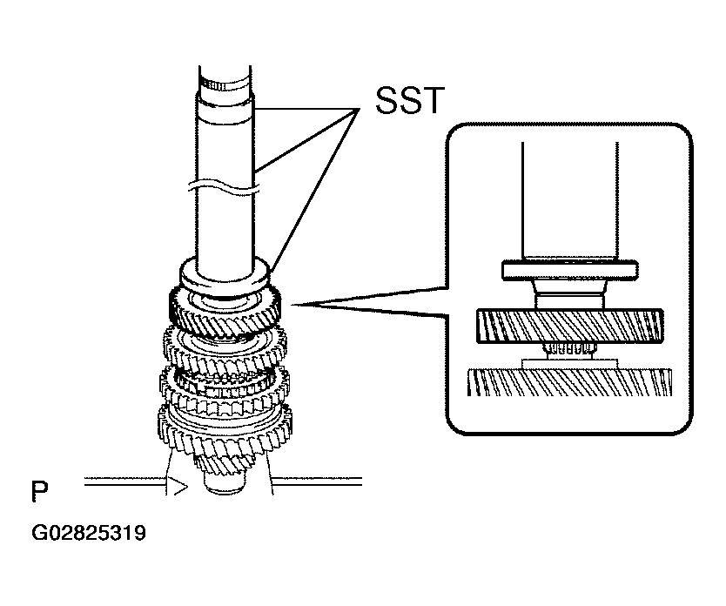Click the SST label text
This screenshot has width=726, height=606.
pyautogui.click(x=410, y=100)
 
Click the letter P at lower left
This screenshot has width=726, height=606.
pyautogui.click(x=40, y=491)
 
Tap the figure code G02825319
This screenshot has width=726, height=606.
pyautogui.click(x=89, y=533)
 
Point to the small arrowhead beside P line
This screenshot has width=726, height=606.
pyautogui.click(x=180, y=487)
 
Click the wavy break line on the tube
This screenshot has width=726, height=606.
pyautogui.click(x=224, y=186)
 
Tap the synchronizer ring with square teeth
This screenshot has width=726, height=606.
pyautogui.click(x=225, y=390)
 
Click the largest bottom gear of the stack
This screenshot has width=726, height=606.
pyautogui.click(x=225, y=428)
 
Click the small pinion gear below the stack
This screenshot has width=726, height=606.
pyautogui.click(x=225, y=464)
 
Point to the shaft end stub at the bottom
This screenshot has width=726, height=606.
pyautogui.click(x=225, y=486)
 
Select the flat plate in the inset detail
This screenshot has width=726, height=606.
pyautogui.click(x=570, y=271)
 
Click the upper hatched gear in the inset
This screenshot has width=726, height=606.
pyautogui.click(x=570, y=327)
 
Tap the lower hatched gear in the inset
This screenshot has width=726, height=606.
pyautogui.click(x=569, y=382)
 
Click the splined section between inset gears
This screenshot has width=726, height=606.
pyautogui.click(x=569, y=350)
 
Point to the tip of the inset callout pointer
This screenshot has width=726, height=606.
pyautogui.click(x=291, y=305)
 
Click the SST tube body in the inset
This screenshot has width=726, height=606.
pyautogui.click(x=570, y=200)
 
